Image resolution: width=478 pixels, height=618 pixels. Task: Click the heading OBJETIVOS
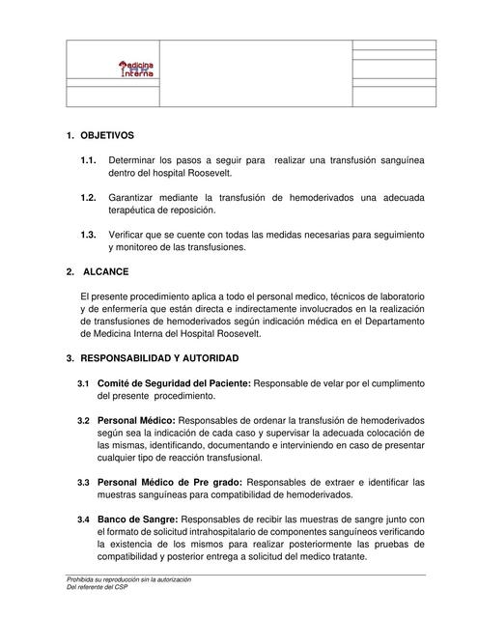tap(108, 134)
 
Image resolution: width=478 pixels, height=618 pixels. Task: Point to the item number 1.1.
tap(89, 158)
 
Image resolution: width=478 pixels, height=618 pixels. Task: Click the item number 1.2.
tap(89, 197)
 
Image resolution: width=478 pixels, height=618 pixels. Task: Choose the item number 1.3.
tap(89, 235)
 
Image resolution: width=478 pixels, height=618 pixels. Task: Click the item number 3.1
tap(84, 384)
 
